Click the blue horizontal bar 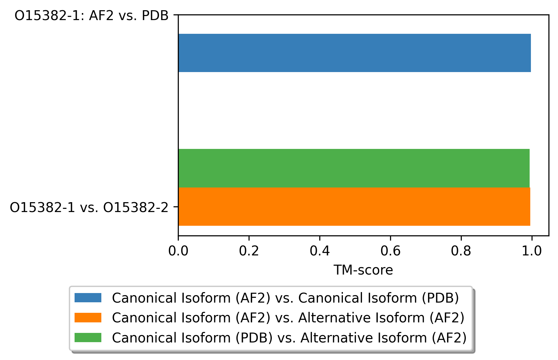[x=354, y=53]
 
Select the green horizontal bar [x=354, y=168]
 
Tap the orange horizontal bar [x=354, y=207]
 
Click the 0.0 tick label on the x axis [x=178, y=251]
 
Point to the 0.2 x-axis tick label [x=249, y=251]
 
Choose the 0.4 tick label [x=320, y=251]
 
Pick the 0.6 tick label [x=390, y=251]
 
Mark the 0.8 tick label [x=461, y=251]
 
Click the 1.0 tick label [x=532, y=251]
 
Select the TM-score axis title [x=363, y=270]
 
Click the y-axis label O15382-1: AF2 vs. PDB [x=91, y=16]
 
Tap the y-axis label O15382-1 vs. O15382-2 [x=89, y=208]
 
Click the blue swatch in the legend [x=88, y=298]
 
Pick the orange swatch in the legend [x=88, y=318]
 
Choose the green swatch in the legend [x=88, y=337]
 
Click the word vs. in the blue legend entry [x=284, y=298]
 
